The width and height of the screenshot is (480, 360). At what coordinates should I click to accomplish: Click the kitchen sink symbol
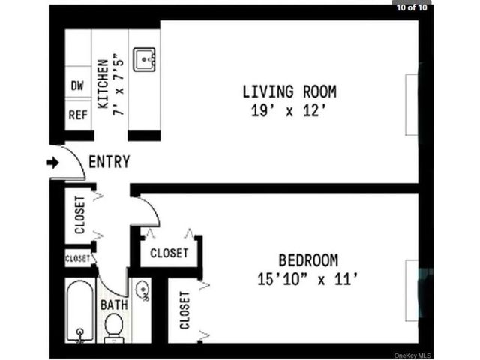click(144, 59)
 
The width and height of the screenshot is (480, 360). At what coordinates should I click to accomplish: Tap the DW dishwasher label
click(77, 85)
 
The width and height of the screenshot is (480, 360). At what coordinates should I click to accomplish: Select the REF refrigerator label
click(78, 115)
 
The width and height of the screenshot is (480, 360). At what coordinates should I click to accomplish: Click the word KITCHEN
click(103, 84)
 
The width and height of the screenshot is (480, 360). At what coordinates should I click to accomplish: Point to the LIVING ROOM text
click(289, 91)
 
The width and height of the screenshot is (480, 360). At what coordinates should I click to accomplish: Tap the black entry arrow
click(52, 163)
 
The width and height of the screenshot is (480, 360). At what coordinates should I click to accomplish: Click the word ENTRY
click(109, 162)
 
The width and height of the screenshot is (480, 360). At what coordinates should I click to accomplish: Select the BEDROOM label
click(308, 260)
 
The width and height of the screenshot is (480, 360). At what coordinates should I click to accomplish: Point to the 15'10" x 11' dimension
click(307, 279)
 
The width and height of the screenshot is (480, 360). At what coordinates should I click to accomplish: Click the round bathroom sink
click(142, 289)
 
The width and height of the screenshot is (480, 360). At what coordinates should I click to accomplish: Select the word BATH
click(114, 305)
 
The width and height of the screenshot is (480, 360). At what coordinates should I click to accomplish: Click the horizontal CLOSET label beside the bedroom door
click(169, 253)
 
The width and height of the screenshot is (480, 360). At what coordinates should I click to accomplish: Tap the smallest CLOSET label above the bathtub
click(77, 259)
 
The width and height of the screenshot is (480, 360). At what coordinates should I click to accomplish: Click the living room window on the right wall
click(412, 104)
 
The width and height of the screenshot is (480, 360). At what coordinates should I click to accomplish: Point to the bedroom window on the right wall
click(412, 290)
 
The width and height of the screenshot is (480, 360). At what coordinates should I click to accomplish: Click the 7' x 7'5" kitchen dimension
click(118, 85)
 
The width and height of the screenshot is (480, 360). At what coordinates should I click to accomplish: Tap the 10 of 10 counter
click(412, 7)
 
